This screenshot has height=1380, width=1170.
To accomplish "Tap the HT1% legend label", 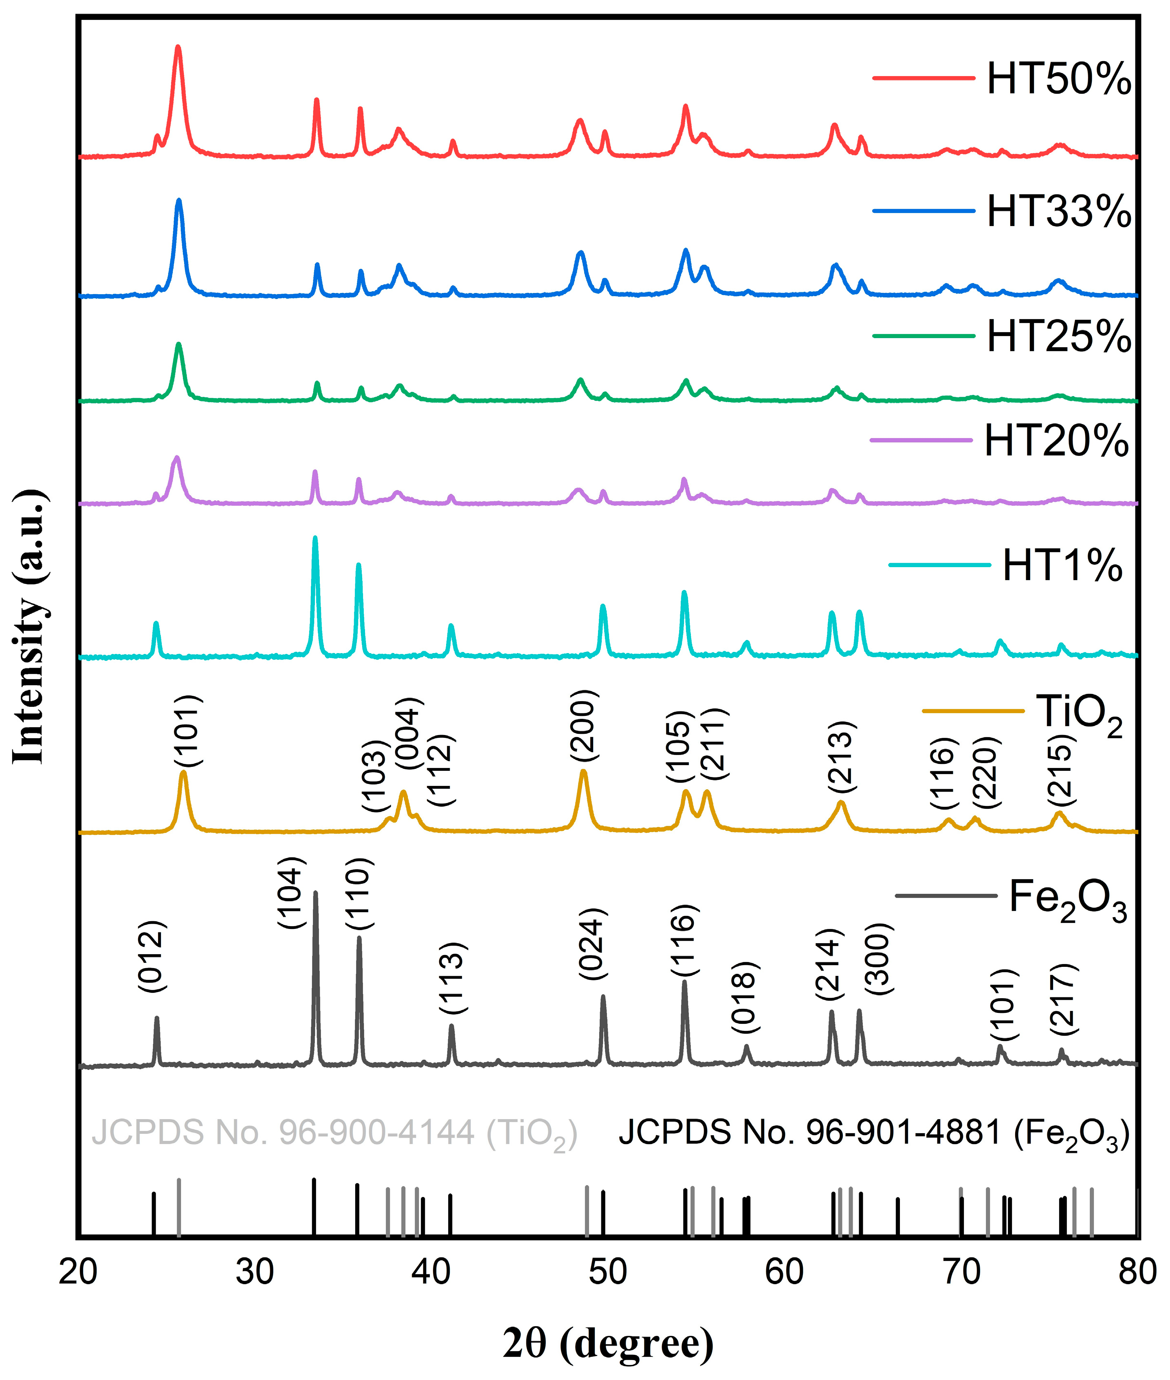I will [1062, 566].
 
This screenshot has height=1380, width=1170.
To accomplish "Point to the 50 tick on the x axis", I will [607, 1290].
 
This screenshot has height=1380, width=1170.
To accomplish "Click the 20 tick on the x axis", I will [78, 1290].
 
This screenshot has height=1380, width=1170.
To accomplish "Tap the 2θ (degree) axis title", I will [607, 1343].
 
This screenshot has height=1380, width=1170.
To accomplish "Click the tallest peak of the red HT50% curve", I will [178, 48].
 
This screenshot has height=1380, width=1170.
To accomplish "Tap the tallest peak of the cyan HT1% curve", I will [315, 538].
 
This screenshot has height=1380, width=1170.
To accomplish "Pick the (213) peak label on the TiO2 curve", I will [842, 756].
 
